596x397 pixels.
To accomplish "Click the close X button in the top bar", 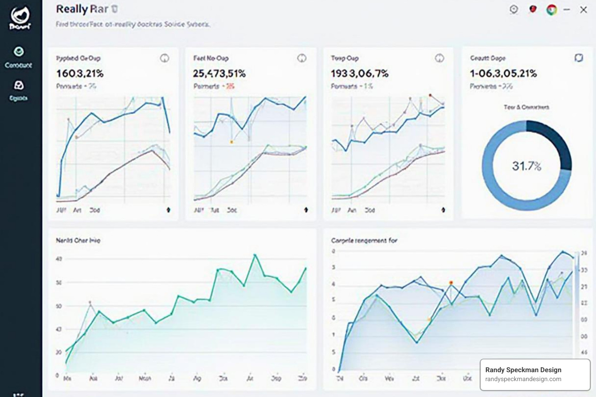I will (583, 10).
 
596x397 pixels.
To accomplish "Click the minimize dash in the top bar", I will (567, 10).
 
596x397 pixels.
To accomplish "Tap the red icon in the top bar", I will (533, 9).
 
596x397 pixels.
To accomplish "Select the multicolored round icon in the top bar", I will (551, 10).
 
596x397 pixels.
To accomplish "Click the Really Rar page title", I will (82, 9).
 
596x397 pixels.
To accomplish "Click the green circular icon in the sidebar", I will (19, 52).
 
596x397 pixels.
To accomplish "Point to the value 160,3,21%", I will (80, 73).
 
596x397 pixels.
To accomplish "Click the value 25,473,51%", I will (219, 73).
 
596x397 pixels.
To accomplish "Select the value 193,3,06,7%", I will (359, 73).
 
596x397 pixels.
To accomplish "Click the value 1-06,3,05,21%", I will (503, 73).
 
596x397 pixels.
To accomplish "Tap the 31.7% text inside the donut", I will (527, 166).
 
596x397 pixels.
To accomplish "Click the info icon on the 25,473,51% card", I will (301, 58).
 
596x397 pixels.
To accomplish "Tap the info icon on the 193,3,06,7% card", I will (439, 58).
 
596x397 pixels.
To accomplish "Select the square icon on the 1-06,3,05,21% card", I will (579, 58).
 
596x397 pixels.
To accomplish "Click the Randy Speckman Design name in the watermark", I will (523, 370).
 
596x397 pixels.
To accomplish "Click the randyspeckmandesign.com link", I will (523, 379).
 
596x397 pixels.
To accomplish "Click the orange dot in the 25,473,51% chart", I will (232, 142).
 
